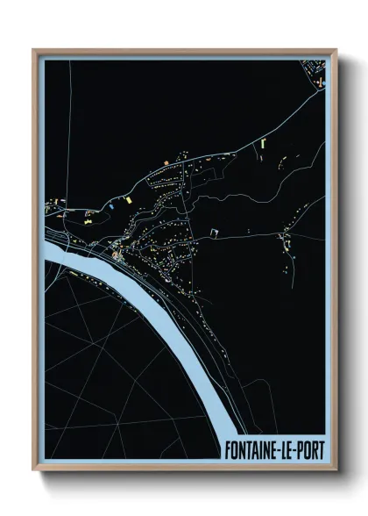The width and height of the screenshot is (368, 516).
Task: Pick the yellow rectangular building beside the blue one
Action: pyautogui.click(x=125, y=201)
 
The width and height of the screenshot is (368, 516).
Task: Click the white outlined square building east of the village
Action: pyautogui.click(x=214, y=232)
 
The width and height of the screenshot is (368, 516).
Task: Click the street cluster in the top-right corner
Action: pyautogui.click(x=313, y=68)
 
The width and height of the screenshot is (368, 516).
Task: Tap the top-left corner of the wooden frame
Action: pyautogui.click(x=34, y=50)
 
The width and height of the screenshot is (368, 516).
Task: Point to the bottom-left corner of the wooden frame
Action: pyautogui.click(x=34, y=472)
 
